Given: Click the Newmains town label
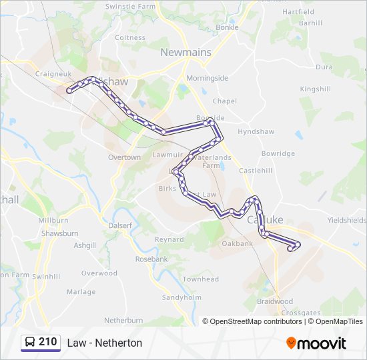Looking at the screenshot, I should coord(186,52).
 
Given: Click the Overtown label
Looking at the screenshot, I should coord(124,157).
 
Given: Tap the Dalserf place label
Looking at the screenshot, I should coord(121,225).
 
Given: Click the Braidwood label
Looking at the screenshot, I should coord(275,301).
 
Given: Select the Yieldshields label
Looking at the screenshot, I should coord(347,220).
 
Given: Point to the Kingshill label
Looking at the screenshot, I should coord(315,89).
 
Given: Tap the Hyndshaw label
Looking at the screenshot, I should coord(252,131).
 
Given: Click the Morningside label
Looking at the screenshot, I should coord(207,78).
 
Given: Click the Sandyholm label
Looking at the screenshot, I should coord(181,297).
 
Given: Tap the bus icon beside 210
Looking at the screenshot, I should coord(30,343).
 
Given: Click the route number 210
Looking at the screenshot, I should coord(48,342).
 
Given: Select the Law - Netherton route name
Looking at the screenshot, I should coord(105,343).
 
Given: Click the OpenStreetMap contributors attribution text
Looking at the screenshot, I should coord(252,321).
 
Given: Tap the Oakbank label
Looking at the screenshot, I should coord(238,243).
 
